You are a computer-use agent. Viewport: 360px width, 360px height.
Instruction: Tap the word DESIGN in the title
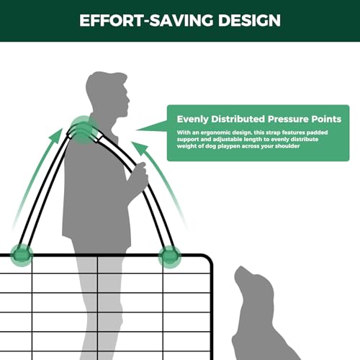pos(249,20)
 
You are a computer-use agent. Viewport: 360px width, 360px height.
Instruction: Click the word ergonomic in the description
pos(215,132)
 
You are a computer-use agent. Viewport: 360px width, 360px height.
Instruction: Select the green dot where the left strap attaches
pos(22,255)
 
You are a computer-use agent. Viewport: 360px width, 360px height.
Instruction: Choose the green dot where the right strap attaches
pos(170,257)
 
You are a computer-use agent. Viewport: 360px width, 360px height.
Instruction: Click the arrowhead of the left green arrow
pos(56,135)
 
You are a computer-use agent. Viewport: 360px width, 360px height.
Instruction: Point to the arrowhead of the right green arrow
pos(140,148)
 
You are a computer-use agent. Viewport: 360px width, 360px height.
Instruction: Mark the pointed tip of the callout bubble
pos(137,130)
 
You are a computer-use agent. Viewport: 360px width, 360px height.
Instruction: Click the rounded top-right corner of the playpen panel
pos(208,258)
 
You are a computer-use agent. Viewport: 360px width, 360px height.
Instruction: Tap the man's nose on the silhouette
pos(128,99)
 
